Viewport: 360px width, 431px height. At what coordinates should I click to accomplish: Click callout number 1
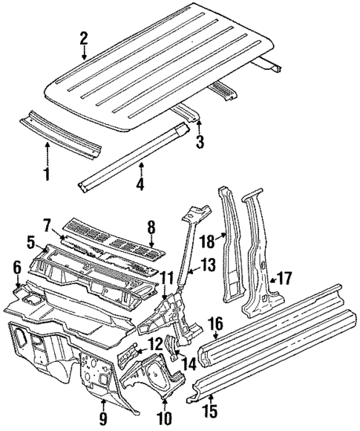[47, 175]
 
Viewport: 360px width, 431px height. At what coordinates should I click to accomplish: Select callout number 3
[199, 141]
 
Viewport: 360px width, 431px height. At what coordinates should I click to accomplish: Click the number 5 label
[31, 242]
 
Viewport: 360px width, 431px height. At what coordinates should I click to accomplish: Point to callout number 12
[154, 344]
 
